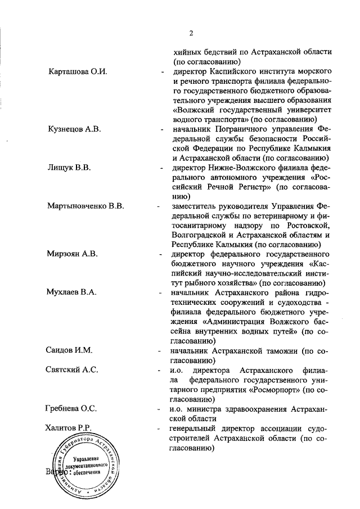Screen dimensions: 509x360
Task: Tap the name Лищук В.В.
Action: pos(69,168)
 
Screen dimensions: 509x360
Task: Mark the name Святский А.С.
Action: pos(72,370)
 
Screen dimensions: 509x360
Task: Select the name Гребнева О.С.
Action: pos(71,408)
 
